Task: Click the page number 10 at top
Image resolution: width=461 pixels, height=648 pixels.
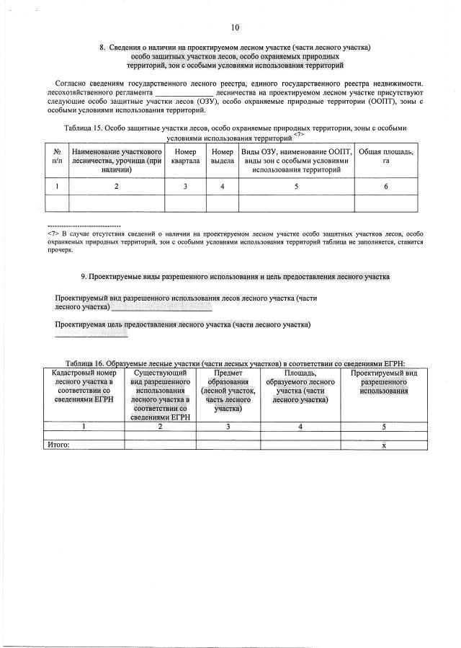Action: pos(235,27)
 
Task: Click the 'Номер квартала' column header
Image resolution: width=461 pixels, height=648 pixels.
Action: pos(185,156)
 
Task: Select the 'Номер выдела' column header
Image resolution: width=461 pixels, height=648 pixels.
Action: pos(222,156)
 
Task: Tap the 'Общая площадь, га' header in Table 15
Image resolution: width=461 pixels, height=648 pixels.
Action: pos(385,156)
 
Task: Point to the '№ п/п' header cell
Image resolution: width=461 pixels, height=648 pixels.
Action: pos(56,156)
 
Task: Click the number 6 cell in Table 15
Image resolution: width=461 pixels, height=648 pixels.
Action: pos(385,187)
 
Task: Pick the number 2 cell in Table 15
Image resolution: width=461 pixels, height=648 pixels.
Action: pos(116,187)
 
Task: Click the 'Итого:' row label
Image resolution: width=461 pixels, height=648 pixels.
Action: pos(58,445)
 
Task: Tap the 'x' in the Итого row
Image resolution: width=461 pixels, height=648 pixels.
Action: pos(383,445)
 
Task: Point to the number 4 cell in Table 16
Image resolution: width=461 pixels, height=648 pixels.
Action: pos(300,426)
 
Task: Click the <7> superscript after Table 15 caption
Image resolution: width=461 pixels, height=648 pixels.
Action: pos(299,134)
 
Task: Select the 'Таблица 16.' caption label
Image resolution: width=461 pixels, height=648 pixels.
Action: pos(85,363)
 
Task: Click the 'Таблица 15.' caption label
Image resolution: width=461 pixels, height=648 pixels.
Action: pos(84,128)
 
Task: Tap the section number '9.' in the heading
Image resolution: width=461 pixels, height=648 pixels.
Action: pos(84,276)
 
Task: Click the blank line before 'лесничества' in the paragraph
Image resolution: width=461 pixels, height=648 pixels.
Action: pos(184,93)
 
